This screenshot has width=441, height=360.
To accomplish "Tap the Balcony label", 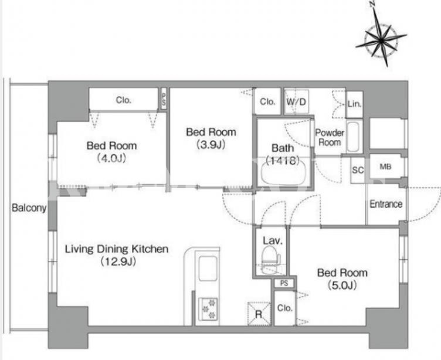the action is [x=29, y=208].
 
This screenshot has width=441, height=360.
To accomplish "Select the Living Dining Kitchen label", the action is [x=117, y=249].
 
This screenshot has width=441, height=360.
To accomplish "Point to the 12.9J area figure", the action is [x=118, y=262].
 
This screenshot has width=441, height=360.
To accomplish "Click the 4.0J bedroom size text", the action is [x=111, y=159].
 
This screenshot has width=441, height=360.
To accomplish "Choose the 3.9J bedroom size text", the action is [x=211, y=145].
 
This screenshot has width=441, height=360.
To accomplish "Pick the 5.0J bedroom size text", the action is [x=342, y=286].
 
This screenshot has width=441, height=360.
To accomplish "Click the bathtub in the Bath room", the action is [x=283, y=174].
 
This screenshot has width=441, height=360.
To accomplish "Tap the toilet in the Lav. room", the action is [x=270, y=259].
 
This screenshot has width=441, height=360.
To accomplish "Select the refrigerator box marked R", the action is [x=259, y=314].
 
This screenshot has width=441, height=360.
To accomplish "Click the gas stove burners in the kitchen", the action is [x=208, y=308].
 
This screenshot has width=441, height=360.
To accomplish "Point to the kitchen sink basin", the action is [x=208, y=269].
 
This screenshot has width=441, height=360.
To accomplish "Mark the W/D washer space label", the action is [x=296, y=102].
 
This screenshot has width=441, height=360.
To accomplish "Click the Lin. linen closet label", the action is [x=354, y=104].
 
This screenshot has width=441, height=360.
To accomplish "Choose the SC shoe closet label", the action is [x=358, y=170].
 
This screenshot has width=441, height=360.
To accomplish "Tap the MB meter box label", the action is [x=385, y=167].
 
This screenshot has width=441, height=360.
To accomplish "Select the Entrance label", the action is [x=386, y=204].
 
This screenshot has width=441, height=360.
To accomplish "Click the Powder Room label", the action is [x=330, y=137].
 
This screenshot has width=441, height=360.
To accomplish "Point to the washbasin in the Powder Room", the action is [x=353, y=137].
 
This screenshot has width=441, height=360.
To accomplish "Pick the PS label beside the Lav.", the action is [x=284, y=283].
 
